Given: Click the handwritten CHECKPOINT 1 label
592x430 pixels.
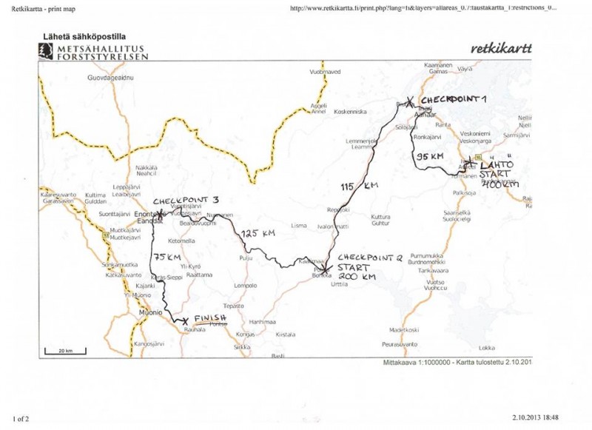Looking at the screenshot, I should pos(453,99).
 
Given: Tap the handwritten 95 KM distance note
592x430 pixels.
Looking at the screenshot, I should pos(430,157).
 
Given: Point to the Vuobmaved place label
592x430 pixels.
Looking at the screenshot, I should pos(325,72).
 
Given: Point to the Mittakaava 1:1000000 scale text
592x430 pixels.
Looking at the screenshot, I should pos(419,363).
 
